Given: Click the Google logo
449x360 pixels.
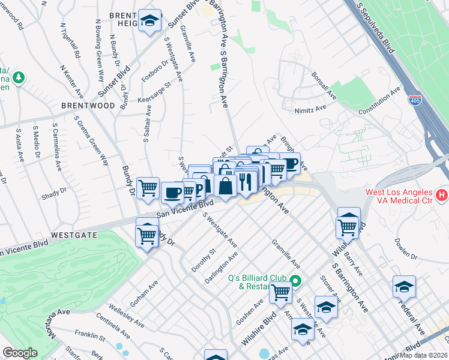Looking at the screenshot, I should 20,353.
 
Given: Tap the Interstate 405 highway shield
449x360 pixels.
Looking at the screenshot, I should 415,101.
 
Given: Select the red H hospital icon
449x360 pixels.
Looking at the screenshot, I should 442,194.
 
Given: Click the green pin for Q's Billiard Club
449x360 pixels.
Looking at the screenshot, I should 295,280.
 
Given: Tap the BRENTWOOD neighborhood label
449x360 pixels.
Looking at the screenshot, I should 88,105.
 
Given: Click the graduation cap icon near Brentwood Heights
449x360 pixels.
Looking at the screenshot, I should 149,21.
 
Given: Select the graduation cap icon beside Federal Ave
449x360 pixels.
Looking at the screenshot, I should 405,287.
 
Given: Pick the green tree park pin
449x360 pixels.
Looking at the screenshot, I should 19,77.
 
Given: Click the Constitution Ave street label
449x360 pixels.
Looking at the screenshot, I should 379,101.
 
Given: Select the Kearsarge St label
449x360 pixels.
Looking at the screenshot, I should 155,92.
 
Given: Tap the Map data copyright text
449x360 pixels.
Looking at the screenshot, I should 424,355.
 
